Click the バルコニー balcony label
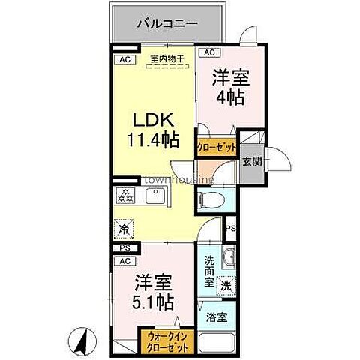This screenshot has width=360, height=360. [166, 23]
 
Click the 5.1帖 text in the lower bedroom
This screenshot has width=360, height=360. [154, 303]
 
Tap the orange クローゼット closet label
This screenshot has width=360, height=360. [217, 148]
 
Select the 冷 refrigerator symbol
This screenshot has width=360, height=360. [123, 226]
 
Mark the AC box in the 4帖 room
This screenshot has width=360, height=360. [208, 53]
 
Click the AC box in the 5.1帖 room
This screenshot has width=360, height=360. [120, 260]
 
